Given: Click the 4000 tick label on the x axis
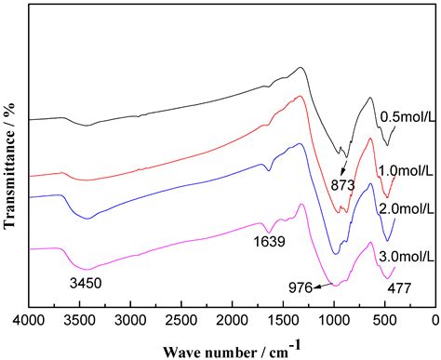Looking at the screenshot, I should tap(29, 321).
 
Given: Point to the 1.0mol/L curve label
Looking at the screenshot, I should tap(406, 170).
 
